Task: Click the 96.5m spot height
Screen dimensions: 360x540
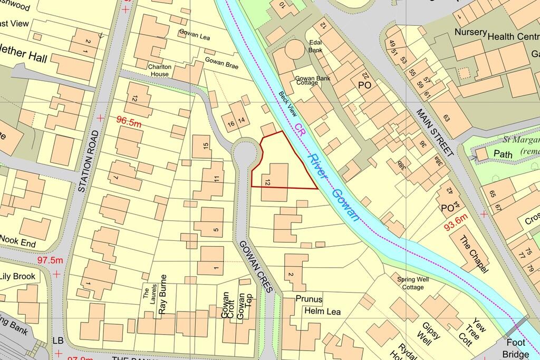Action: [129, 122]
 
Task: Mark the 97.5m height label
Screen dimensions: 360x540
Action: [50, 260]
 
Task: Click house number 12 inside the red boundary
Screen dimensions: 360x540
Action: [268, 182]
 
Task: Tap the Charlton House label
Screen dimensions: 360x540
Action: [158, 71]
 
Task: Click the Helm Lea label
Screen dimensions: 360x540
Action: [322, 312]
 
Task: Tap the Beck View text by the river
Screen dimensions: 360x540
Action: [288, 103]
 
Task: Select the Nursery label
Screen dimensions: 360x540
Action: [470, 32]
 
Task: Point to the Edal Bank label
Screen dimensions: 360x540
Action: [316, 47]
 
